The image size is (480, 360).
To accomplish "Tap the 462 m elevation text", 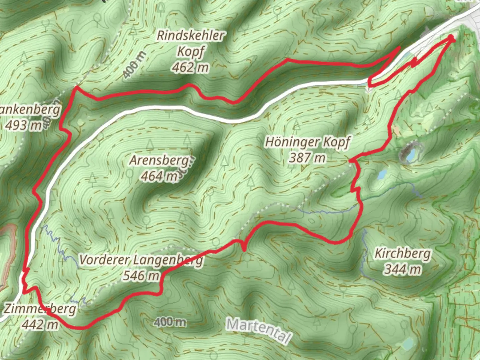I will click(190, 68).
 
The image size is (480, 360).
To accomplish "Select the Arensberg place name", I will click(159, 160).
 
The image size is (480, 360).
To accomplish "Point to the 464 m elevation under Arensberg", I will click(159, 176).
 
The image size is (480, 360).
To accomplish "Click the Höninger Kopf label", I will click(307, 142).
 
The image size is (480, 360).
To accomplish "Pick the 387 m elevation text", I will click(307, 158).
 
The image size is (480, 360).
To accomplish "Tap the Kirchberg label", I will click(403, 254).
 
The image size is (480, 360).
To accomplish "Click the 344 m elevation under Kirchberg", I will click(402, 269).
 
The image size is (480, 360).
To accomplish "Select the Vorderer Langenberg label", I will click(141, 260).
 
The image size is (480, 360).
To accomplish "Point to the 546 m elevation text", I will click(141, 276).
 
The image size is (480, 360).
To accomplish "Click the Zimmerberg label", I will click(40, 309).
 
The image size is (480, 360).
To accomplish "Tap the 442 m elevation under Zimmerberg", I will click(40, 324).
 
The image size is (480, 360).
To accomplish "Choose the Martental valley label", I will click(258, 330).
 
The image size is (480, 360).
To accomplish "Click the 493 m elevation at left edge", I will click(23, 125).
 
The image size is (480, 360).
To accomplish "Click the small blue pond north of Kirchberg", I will click(382, 174).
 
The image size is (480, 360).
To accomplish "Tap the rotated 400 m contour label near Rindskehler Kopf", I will click(134, 65).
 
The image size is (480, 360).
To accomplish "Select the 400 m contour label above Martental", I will click(170, 322).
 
